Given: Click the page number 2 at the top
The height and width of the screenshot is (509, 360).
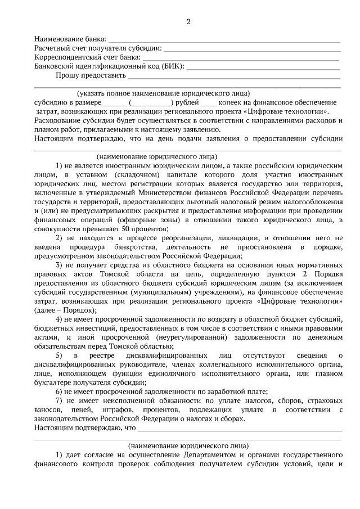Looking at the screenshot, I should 188,22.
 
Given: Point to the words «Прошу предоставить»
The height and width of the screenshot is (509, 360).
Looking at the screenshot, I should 90,75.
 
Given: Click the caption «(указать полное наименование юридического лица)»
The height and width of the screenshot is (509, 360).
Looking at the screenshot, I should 164,93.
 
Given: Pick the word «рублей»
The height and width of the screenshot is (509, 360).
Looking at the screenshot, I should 186,102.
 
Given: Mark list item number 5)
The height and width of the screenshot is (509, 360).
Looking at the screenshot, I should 59,355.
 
